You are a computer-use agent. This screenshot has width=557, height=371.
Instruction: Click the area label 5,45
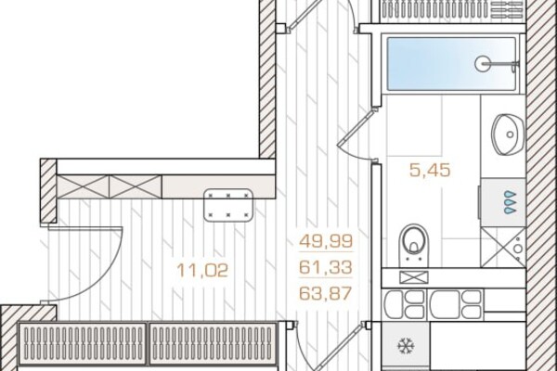click(430, 170)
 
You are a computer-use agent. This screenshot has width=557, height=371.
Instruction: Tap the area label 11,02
click(202, 271)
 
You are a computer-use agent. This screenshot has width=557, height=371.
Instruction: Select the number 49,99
click(326, 241)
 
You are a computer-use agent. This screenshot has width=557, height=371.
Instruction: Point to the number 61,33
click(326, 267)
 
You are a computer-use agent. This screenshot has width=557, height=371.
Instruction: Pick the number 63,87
click(326, 293)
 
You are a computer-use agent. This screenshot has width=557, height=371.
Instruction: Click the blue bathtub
click(451, 64)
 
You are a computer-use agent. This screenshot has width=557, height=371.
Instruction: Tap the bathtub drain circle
click(483, 64)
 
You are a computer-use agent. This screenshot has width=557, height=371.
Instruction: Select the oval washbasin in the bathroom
click(508, 134)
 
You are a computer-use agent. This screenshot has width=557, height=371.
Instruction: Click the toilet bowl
click(414, 245)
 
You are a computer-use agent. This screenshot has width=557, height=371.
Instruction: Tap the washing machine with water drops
click(502, 202)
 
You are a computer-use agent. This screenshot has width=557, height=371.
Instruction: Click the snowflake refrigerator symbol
click(406, 345)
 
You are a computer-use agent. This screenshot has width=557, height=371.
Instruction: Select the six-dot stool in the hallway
click(228, 205)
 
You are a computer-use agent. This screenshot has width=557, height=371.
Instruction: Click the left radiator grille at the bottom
click(83, 343)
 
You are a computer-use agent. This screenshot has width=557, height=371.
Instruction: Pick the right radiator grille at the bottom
click(214, 343)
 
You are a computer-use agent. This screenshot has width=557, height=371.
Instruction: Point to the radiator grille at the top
click(452, 10)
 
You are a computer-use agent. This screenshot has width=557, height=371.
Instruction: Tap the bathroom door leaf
click(356, 128)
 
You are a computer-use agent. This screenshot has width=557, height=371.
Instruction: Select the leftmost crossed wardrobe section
click(83, 186)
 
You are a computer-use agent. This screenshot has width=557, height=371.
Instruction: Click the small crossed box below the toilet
click(414, 277)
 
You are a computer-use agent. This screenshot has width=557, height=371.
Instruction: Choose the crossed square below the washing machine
click(503, 248)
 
